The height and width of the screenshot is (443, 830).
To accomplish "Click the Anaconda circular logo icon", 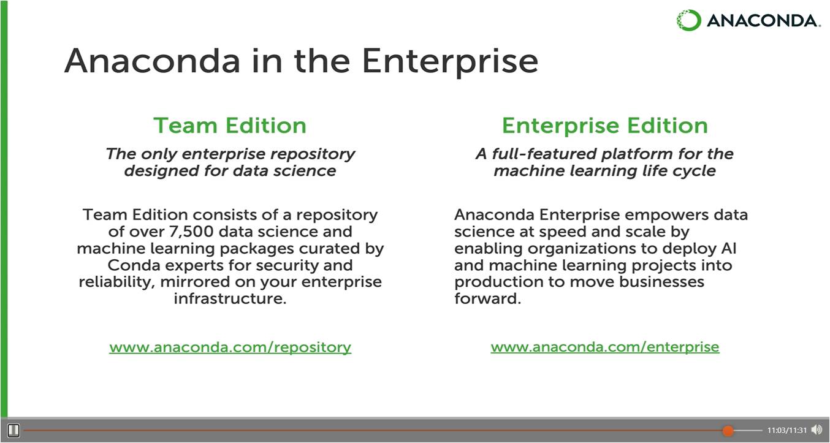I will pyautogui.click(x=688, y=20).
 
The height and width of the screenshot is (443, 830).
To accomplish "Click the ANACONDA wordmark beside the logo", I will pyautogui.click(x=763, y=21).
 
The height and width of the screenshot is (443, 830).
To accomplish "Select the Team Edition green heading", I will pyautogui.click(x=230, y=126).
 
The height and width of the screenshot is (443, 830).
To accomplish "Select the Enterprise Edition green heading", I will pyautogui.click(x=604, y=126).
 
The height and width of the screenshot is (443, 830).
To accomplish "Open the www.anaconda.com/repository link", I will pyautogui.click(x=230, y=347).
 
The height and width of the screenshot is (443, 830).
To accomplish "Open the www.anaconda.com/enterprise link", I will pyautogui.click(x=604, y=347).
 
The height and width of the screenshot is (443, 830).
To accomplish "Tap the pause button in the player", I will pyautogui.click(x=13, y=430).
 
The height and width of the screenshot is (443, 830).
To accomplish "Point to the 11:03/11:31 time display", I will pyautogui.click(x=787, y=430).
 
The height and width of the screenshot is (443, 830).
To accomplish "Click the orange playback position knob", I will pyautogui.click(x=728, y=430).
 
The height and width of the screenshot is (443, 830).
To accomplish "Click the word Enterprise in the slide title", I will pyautogui.click(x=449, y=61).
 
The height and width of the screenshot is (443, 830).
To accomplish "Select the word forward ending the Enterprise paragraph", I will pyautogui.click(x=486, y=299).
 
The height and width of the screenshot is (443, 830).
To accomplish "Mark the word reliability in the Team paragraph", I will pyautogui.click(x=113, y=282).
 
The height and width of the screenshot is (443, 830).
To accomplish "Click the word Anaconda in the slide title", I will pyautogui.click(x=152, y=61).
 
